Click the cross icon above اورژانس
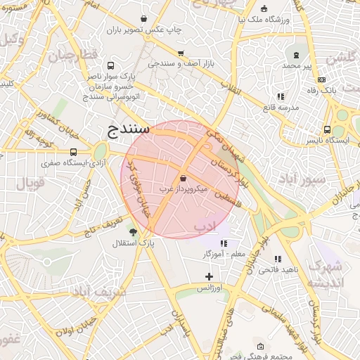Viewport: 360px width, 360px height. (209, 276)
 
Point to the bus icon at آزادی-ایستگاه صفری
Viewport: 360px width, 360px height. (74, 152)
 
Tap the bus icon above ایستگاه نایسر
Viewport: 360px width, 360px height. (328, 129)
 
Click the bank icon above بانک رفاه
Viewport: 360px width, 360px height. (322, 79)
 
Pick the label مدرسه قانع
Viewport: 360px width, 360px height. (280, 108)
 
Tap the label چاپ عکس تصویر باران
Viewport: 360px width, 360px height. (144, 30)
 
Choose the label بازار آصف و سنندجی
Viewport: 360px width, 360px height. (181, 63)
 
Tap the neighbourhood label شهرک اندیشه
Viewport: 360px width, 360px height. (326, 274)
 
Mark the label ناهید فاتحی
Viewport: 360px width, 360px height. (278, 270)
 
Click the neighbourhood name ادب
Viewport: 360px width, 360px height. (205, 226)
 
